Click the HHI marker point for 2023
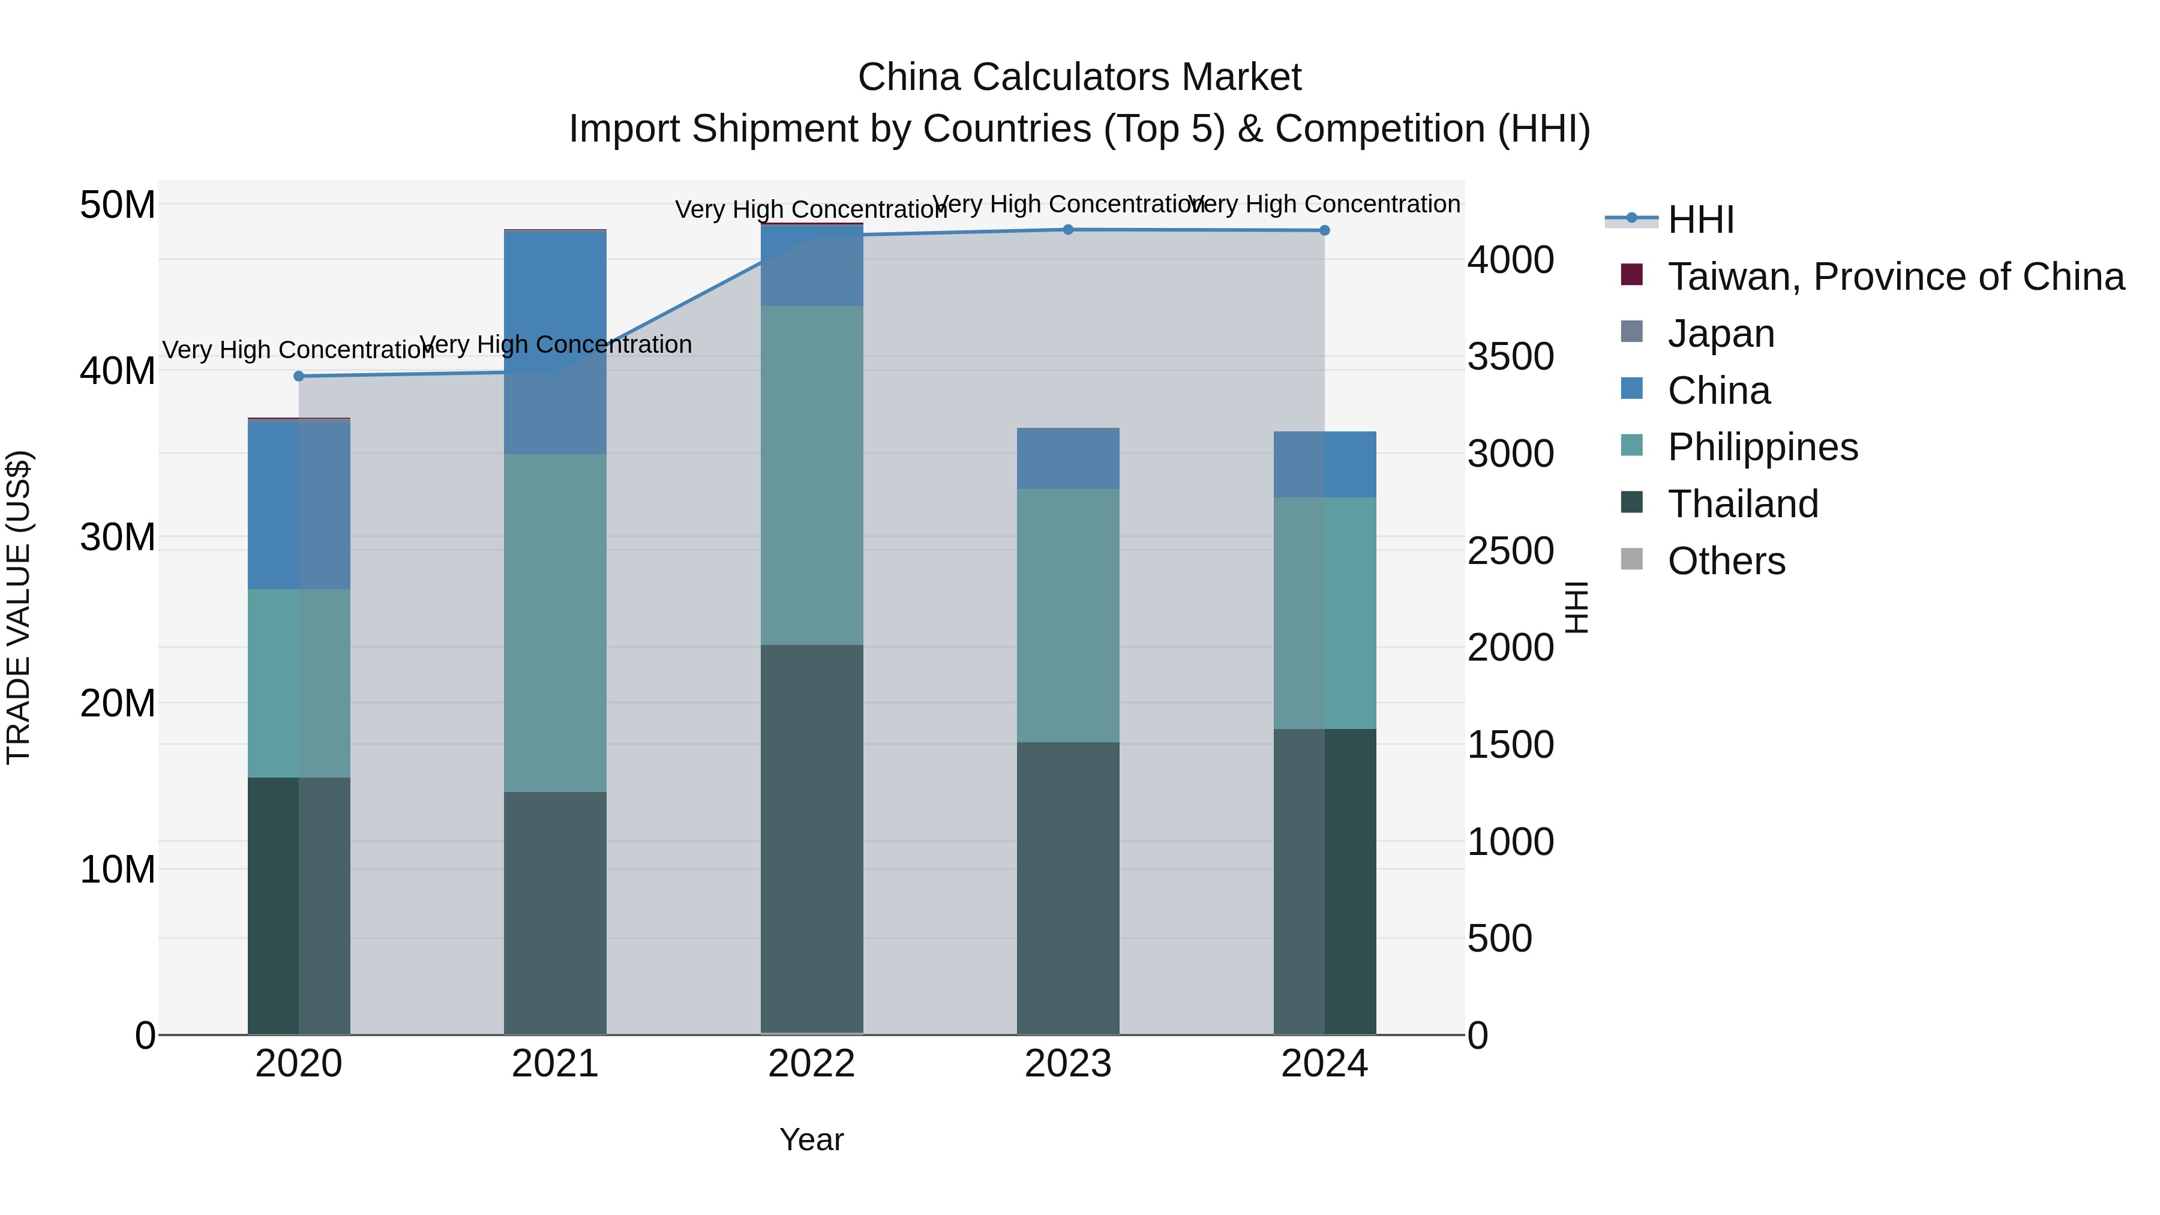[x=1067, y=230]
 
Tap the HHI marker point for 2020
[x=299, y=376]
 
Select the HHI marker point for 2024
[x=1324, y=230]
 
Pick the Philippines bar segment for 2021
[x=554, y=622]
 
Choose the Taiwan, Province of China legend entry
[x=1895, y=277]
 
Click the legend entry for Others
[x=1726, y=561]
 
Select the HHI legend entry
[x=1700, y=220]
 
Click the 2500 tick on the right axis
[x=1510, y=551]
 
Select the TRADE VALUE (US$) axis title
[x=19, y=607]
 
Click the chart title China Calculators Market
[x=1079, y=77]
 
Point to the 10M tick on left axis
[x=118, y=869]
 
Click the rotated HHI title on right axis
[x=1576, y=607]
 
